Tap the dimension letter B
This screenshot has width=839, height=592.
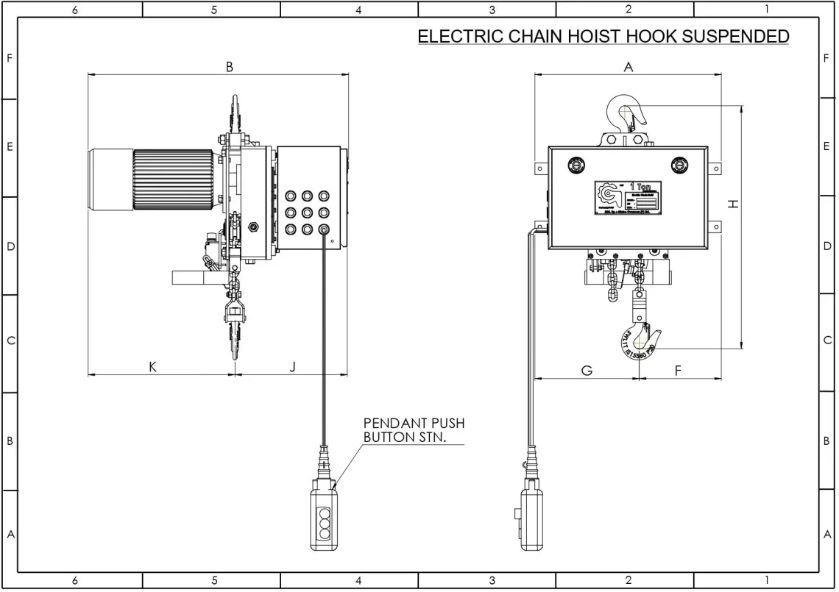[x=230, y=67]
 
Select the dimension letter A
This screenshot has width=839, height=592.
[x=628, y=67]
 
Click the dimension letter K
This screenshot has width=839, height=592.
[x=152, y=367]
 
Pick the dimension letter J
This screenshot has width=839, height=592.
[x=292, y=367]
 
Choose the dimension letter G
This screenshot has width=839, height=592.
[x=587, y=371]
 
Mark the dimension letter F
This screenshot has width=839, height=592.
[x=678, y=371]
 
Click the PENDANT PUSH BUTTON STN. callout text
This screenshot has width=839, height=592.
[x=414, y=430]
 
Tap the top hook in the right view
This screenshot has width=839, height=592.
[x=626, y=114]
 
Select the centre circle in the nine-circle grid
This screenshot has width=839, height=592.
[x=306, y=213]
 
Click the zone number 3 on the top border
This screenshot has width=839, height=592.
[x=492, y=10]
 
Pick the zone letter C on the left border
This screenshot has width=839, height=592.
[x=10, y=342]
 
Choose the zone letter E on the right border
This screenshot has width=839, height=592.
[x=828, y=147]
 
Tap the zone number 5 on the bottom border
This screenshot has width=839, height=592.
[x=214, y=580]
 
